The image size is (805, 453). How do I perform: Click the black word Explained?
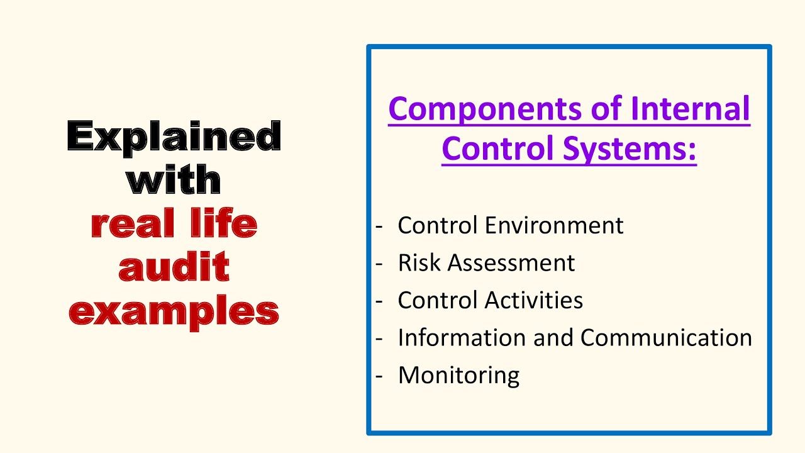(174, 138)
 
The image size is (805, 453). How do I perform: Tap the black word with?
(174, 179)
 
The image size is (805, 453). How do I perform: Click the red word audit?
(174, 266)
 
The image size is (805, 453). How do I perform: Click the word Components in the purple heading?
(485, 109)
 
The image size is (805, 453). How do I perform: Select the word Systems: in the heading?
(630, 150)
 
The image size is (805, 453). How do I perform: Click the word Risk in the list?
(419, 262)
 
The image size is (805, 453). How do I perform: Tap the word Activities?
(534, 300)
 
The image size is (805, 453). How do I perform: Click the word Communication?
(666, 337)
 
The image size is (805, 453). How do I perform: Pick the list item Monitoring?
(459, 376)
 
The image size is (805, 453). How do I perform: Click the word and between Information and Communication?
(553, 337)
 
